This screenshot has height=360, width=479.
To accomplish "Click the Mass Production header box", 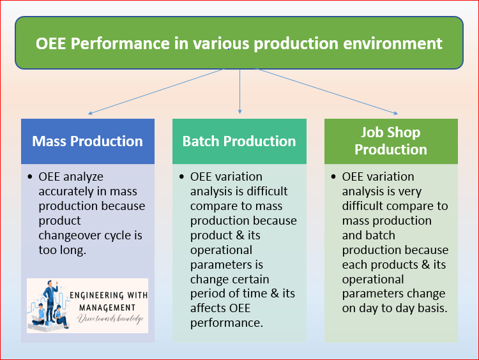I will pos(87,141).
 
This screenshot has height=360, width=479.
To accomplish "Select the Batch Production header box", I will pos(239,141).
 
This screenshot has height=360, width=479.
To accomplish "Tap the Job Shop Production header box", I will pos(391,141).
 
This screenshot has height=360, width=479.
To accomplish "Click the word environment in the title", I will pos(400,43).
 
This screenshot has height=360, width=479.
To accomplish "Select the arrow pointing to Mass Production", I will pos(153,92).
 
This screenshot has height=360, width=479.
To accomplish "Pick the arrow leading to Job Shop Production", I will pos(326,91).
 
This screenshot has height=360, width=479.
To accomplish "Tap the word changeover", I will pos(75,236).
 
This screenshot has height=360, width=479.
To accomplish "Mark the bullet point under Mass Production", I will pos(31,176).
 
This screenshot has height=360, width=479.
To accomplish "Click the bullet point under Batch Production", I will pos(182,176).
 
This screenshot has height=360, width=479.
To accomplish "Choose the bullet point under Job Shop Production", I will pos(334,176).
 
